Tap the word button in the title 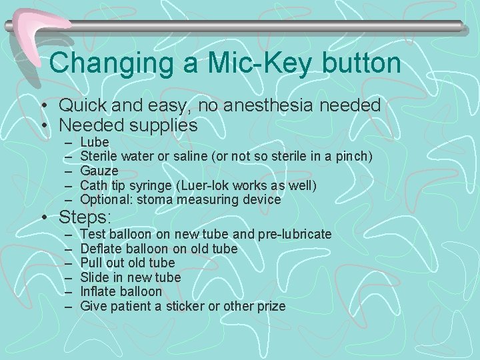359,63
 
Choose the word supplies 165,125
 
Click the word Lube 94,142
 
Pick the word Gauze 99,171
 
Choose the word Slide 94,277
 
